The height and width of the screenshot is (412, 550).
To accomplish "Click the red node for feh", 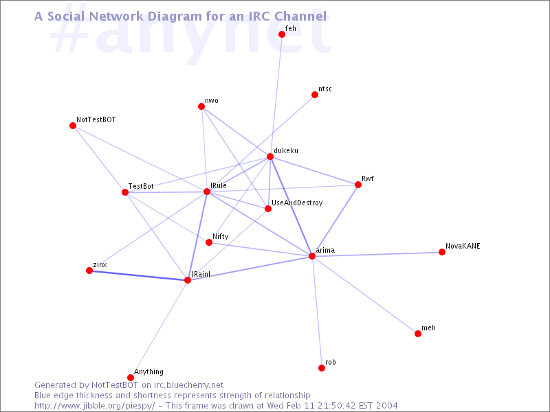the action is pos(282,34).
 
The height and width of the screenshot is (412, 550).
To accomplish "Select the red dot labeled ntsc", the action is pos(315,95).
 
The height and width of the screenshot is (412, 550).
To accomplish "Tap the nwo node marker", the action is pos(201,106).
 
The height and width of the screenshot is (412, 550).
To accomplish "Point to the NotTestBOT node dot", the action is pos(73,126).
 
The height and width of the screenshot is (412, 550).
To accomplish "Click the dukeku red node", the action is pos(269,157).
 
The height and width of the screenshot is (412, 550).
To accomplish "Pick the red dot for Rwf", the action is pos(357,185).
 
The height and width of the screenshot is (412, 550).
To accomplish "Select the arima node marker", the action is pos(312,256).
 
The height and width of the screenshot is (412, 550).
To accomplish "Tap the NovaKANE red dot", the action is pos(442,252).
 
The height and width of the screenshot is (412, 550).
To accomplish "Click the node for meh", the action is pos(418,334).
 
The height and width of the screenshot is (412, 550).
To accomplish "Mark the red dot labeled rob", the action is pos(322,368).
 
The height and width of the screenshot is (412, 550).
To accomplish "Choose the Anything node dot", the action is pos(131,377).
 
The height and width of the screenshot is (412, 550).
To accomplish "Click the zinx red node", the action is pos(89,271).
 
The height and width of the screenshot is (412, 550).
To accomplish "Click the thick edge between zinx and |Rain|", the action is pos(139,275).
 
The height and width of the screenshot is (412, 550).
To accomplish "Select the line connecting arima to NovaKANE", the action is pos(377,254).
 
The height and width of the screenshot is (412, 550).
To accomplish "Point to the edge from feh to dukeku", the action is pos(276,95).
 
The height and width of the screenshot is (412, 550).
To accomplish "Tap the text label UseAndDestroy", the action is pos(297,203).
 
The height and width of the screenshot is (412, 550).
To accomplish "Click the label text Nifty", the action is pos(220,236).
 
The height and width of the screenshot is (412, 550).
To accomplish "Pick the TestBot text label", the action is pos(141,186).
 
